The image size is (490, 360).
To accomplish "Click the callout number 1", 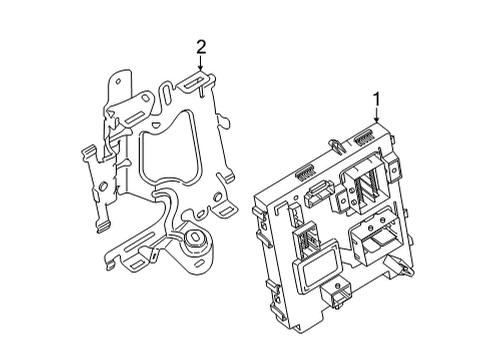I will (376, 99).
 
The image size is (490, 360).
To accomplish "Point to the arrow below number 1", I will (376, 117).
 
